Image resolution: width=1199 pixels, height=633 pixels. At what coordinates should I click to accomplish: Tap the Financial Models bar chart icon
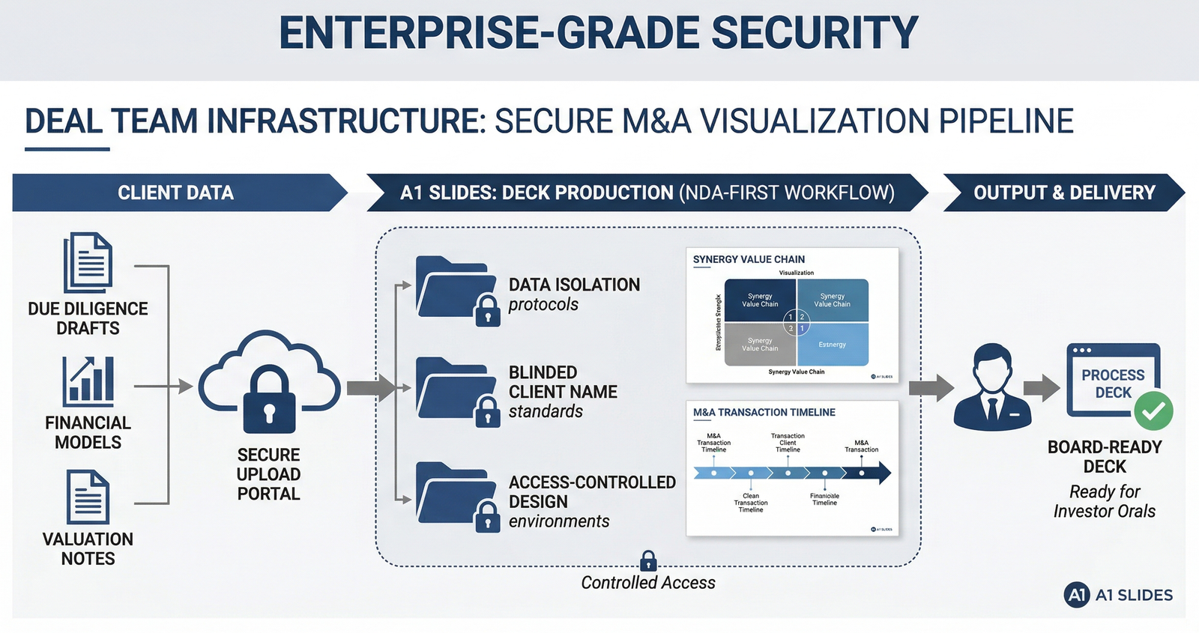click(88, 381)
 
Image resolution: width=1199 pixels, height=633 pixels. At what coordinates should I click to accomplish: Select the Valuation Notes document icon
click(88, 497)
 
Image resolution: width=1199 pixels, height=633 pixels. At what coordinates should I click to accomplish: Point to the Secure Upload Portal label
click(268, 474)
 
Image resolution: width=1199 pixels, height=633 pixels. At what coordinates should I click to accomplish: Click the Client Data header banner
click(175, 193)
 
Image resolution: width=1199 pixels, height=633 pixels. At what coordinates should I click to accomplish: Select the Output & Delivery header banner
click(1063, 193)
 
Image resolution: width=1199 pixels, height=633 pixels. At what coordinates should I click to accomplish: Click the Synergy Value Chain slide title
click(749, 259)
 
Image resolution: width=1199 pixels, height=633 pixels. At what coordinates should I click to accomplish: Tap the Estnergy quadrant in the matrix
click(833, 345)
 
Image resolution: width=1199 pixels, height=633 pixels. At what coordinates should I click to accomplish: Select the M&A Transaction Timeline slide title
click(764, 412)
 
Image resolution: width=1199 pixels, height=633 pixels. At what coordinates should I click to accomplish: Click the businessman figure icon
click(993, 387)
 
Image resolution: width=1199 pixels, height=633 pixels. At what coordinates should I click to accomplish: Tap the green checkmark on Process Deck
click(1153, 411)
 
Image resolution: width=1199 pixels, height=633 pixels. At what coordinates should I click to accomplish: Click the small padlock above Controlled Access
click(648, 561)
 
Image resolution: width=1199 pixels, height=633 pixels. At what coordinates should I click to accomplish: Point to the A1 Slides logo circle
click(1076, 595)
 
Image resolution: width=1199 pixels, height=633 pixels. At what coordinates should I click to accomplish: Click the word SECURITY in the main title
click(815, 34)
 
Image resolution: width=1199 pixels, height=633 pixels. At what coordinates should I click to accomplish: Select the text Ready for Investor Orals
click(1104, 502)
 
